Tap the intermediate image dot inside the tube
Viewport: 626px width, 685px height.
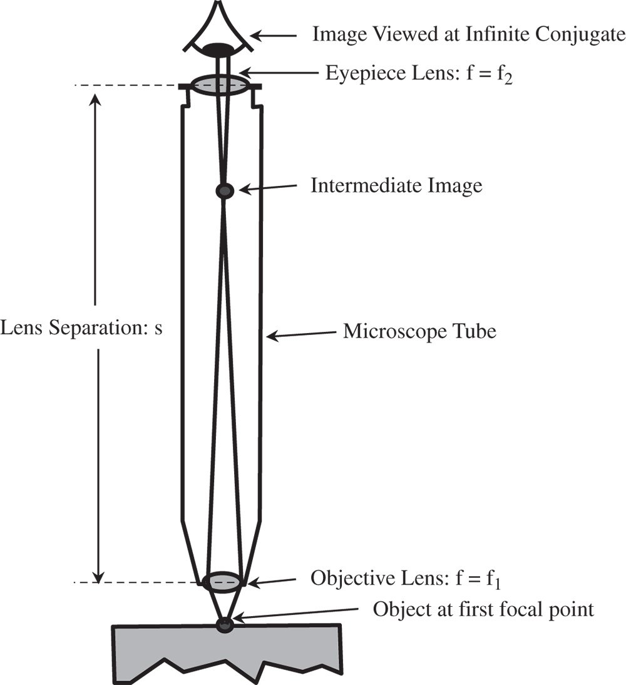tap(224, 190)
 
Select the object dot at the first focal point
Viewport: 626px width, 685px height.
tap(224, 624)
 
